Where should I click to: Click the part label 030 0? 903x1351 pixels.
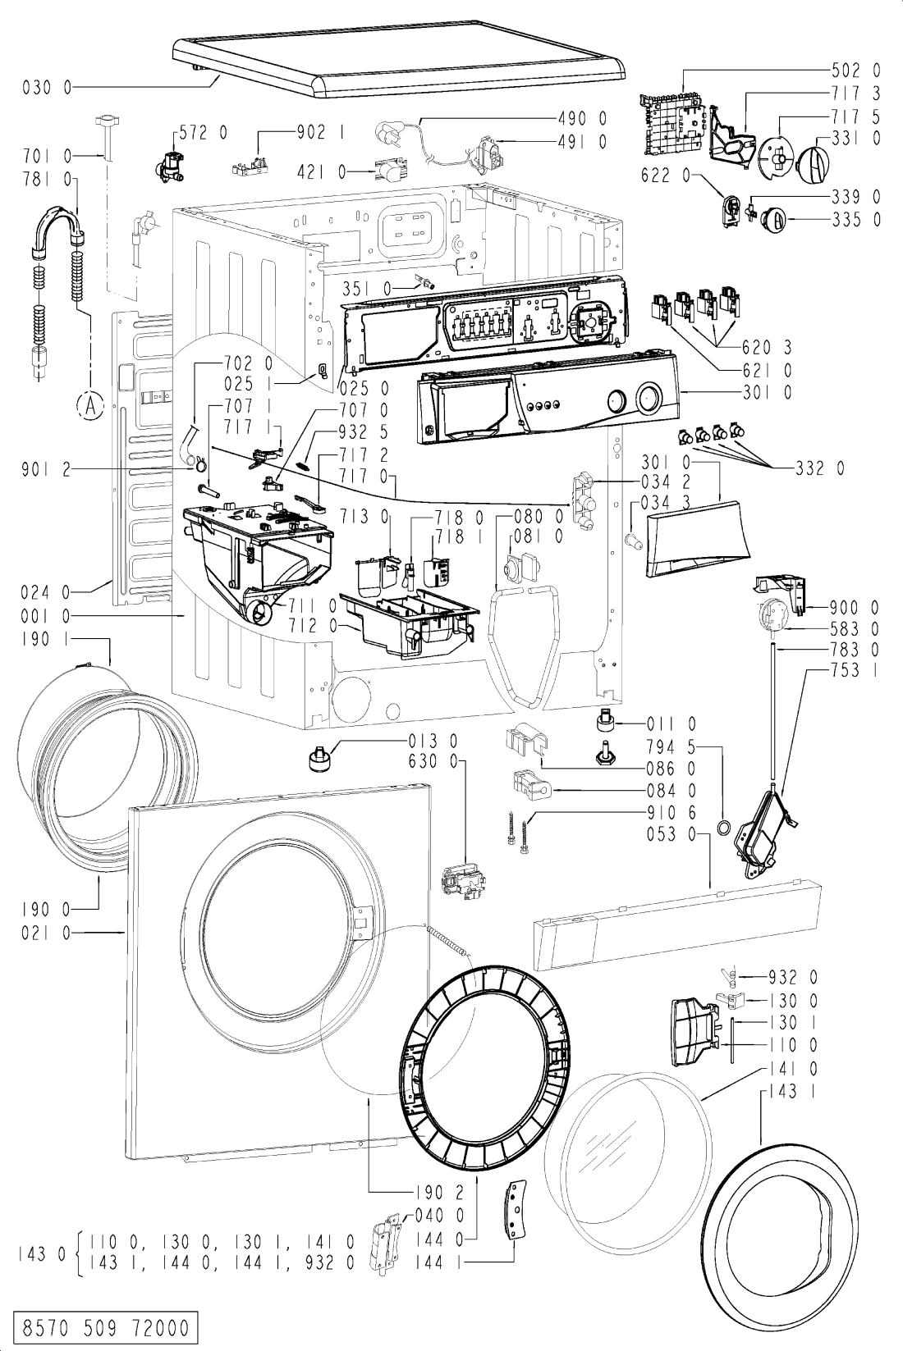pos(47,88)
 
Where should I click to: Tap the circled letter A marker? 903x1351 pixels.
pos(90,406)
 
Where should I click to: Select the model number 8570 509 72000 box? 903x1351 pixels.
pos(105,1328)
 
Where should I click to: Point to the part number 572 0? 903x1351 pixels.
pos(204,133)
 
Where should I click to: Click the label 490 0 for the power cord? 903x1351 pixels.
pos(582,118)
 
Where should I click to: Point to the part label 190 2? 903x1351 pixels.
pos(439,1193)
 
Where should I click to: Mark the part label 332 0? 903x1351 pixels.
pos(820,468)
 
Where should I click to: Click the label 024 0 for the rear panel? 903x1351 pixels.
pos(46,593)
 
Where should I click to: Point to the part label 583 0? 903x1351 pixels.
pos(854,629)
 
